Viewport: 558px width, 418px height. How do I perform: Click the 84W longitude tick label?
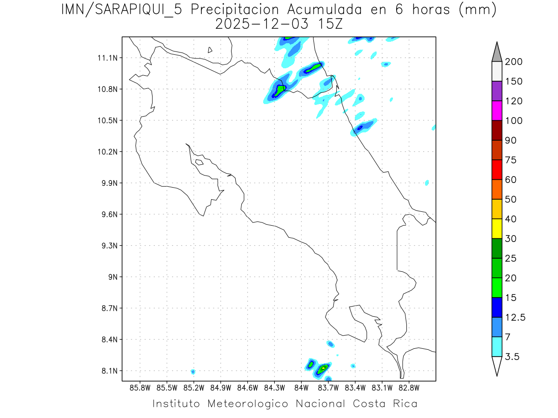click(x=301, y=387)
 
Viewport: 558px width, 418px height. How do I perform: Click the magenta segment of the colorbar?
click(x=496, y=111)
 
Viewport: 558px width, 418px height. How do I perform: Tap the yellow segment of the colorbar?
click(x=496, y=229)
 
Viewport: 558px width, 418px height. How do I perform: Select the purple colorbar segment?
click(x=496, y=91)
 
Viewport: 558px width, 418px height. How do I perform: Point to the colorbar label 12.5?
click(x=515, y=318)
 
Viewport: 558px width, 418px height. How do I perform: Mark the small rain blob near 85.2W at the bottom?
click(x=193, y=372)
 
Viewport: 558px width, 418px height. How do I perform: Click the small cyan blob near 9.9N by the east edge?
click(x=427, y=183)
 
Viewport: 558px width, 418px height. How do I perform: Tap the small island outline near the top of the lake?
click(x=210, y=50)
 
